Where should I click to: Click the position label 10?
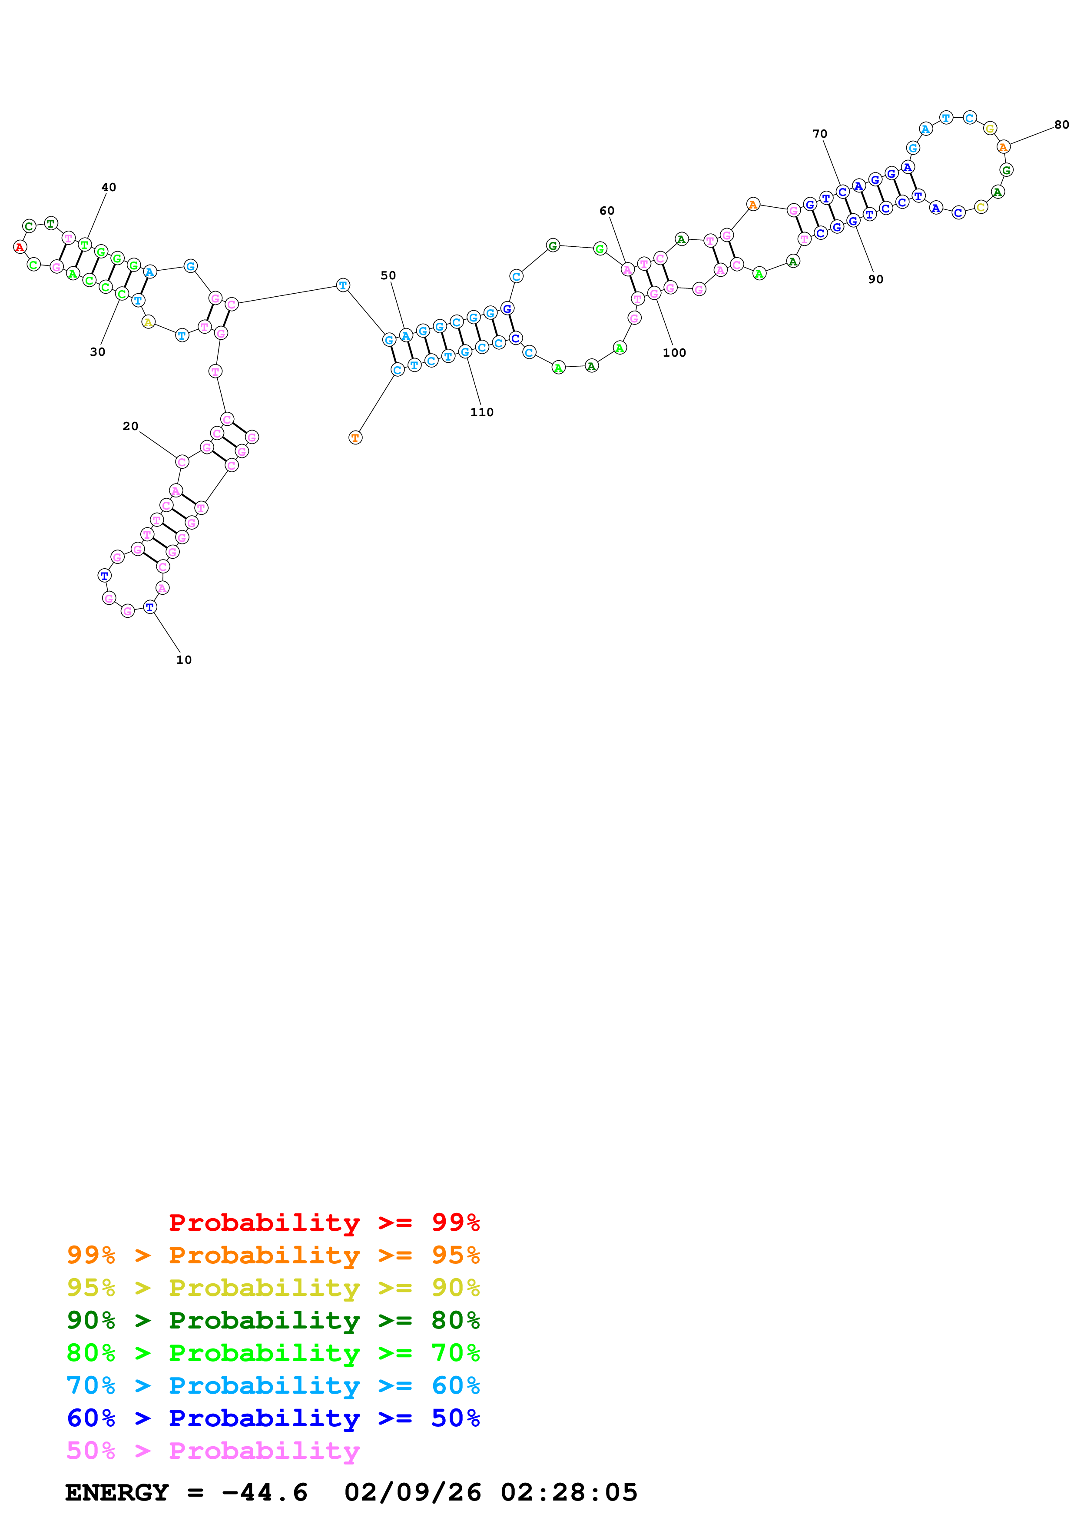point(184,660)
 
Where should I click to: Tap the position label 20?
point(131,426)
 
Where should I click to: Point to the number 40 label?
point(109,187)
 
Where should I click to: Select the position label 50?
point(388,275)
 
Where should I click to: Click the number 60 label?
point(607,211)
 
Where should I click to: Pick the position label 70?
point(820,134)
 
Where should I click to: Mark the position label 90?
point(876,279)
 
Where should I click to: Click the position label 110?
point(482,412)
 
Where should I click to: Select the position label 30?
point(98,352)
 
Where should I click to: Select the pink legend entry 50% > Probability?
point(213,1451)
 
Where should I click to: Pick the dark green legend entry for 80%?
point(273,1320)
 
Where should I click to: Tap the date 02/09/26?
point(413,1493)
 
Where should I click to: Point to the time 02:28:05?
point(569,1493)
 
